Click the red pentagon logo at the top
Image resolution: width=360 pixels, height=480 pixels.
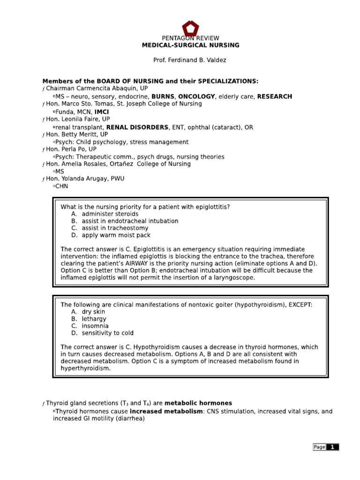click(x=190, y=29)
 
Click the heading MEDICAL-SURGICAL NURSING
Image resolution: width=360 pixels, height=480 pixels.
click(x=191, y=45)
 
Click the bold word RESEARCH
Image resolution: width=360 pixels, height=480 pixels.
click(x=275, y=97)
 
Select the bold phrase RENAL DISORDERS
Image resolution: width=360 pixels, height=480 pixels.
click(x=137, y=127)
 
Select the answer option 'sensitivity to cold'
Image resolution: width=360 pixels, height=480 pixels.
click(x=108, y=333)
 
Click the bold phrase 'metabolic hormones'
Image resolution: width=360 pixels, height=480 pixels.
click(x=198, y=403)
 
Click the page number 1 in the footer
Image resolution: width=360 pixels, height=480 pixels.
click(x=332, y=447)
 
